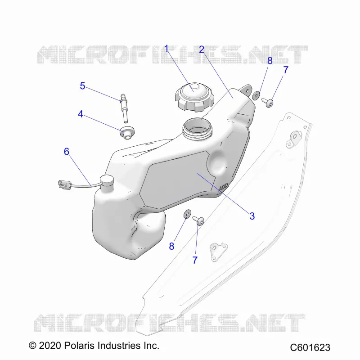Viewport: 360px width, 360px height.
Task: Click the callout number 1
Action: [166, 49]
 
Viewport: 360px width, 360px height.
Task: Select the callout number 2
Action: [202, 49]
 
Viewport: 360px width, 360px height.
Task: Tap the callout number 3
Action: [252, 216]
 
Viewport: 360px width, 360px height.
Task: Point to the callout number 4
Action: [81, 114]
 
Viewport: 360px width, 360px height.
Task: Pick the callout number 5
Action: [82, 86]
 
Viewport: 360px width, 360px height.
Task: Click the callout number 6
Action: [66, 152]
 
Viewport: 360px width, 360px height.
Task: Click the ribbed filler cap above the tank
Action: [195, 97]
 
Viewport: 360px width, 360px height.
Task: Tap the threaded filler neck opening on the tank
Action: [197, 129]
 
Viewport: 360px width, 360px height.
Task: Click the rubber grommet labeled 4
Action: [127, 132]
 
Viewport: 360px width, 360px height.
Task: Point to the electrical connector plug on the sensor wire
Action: [64, 184]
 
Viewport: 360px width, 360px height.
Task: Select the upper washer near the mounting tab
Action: [256, 95]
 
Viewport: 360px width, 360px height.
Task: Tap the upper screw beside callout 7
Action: [267, 103]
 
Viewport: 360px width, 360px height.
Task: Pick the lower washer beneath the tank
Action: [187, 214]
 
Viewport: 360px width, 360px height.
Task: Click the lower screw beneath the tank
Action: [198, 220]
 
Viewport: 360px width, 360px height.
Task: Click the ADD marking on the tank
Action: [223, 187]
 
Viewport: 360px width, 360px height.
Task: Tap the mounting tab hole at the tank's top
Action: [247, 91]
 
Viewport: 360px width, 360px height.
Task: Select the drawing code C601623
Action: [310, 347]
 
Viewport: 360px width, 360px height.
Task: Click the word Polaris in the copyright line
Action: [79, 345]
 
